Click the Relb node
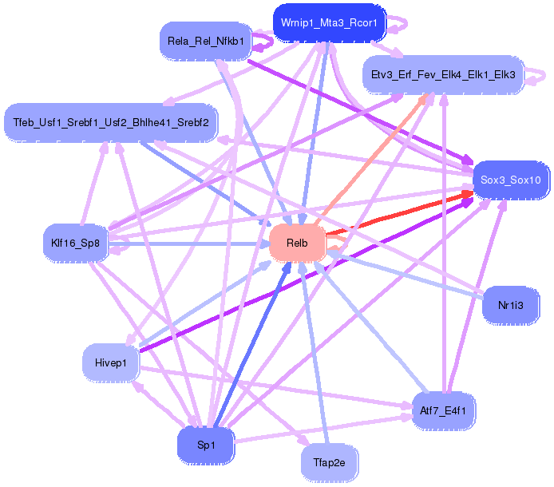297,242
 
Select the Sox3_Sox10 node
511,180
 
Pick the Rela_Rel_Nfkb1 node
206,40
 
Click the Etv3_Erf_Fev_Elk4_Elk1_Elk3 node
443,75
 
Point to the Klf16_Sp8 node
75,243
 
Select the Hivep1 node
111,362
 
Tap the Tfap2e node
329,461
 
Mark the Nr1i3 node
511,304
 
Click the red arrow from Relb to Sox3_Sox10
399,213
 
